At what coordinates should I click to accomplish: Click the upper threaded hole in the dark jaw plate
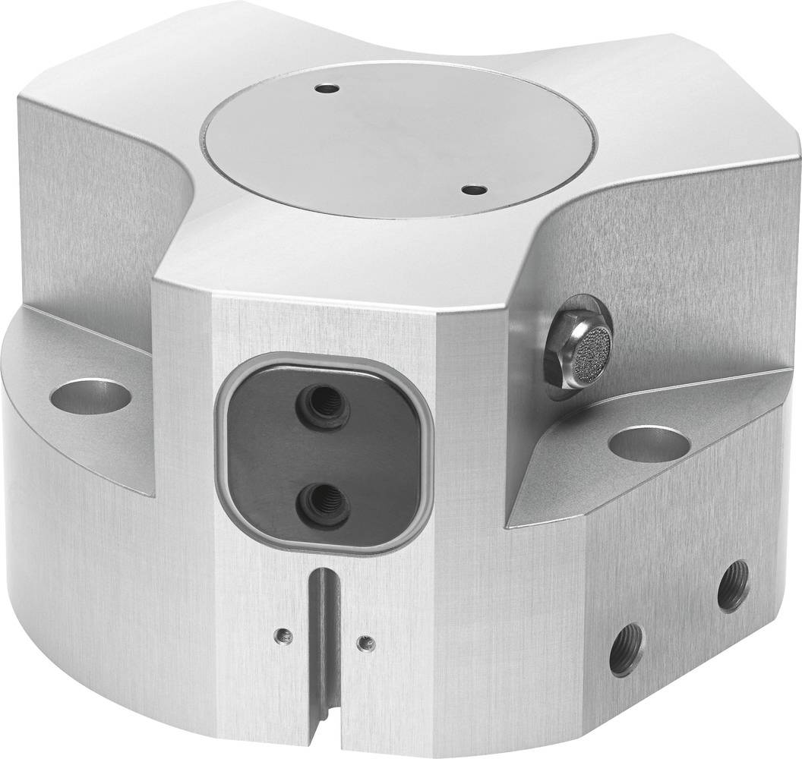[324, 406]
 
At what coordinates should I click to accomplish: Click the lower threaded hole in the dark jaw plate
[323, 505]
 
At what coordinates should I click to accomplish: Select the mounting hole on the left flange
[90, 397]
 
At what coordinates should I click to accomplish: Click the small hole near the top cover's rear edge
[327, 90]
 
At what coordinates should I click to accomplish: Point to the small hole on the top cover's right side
[473, 189]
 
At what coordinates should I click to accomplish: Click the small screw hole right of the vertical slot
[365, 643]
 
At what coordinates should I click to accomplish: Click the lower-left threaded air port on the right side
[627, 649]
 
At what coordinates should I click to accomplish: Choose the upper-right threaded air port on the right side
[733, 585]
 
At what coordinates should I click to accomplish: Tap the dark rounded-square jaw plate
[266, 455]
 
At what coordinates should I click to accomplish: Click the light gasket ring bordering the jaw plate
[222, 455]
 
